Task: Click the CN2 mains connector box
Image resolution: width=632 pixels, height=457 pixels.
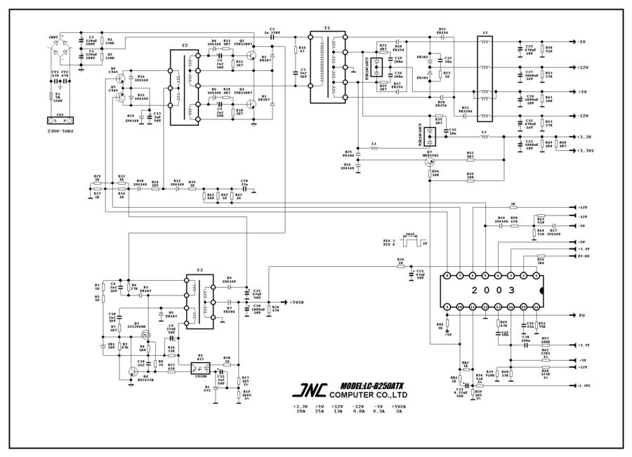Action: click(60, 121)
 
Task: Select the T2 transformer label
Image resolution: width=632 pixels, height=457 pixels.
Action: click(185, 44)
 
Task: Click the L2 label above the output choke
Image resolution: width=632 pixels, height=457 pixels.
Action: click(485, 32)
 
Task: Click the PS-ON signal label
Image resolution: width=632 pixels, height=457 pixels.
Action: click(584, 256)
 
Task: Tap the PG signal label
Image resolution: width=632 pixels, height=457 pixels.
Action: click(581, 315)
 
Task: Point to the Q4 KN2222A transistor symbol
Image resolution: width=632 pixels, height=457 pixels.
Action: click(133, 371)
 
